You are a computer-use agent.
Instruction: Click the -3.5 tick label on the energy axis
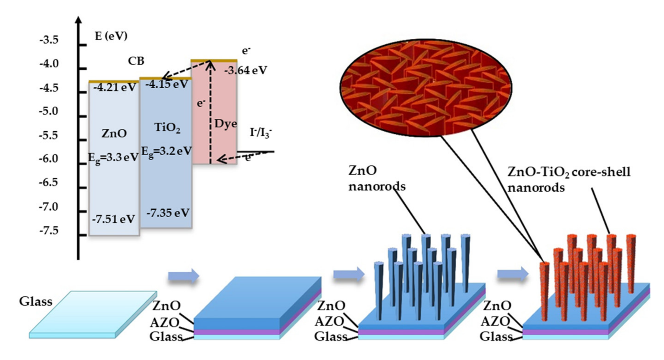pyautogui.click(x=49, y=40)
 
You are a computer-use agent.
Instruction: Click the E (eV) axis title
pyautogui.click(x=111, y=36)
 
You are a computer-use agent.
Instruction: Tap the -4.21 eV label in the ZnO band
pyautogui.click(x=114, y=88)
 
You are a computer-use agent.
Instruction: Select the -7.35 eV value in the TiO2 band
pyautogui.click(x=168, y=213)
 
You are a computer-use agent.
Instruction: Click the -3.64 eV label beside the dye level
pyautogui.click(x=245, y=70)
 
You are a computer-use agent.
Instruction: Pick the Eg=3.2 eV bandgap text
pyautogui.click(x=167, y=151)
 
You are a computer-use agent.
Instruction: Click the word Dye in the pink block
pyautogui.click(x=226, y=124)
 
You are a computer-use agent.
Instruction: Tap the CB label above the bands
pyautogui.click(x=136, y=61)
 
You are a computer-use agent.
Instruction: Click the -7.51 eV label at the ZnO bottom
pyautogui.click(x=113, y=219)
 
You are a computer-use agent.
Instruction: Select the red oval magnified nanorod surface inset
pyautogui.click(x=426, y=88)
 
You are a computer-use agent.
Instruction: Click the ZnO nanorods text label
pyautogui.click(x=376, y=178)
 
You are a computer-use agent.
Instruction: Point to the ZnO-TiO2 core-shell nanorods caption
pyautogui.click(x=568, y=179)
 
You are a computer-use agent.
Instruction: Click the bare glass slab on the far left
pyautogui.click(x=93, y=314)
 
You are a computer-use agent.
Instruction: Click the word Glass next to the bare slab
pyautogui.click(x=36, y=302)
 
